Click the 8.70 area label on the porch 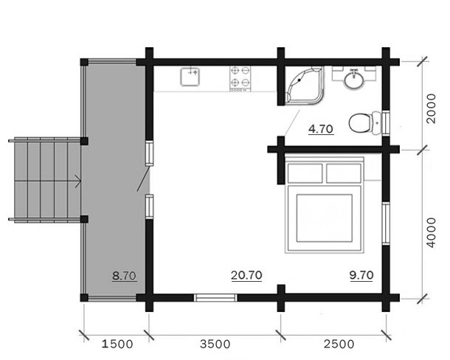pyautogui.click(x=124, y=276)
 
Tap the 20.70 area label pyautogui.click(x=246, y=275)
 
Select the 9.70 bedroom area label pyautogui.click(x=361, y=275)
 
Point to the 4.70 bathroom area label pyautogui.click(x=321, y=129)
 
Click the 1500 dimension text pyautogui.click(x=117, y=344)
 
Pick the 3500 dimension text pyautogui.click(x=215, y=344)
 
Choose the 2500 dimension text pyautogui.click(x=339, y=344)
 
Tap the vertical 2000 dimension pyautogui.click(x=431, y=108)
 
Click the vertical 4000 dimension pyautogui.click(x=431, y=232)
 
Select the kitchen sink pyautogui.click(x=190, y=77)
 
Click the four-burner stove pyautogui.click(x=240, y=79)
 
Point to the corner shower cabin pyautogui.click(x=304, y=86)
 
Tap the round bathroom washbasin pyautogui.click(x=354, y=80)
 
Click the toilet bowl pyautogui.click(x=364, y=123)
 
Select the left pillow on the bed pyautogui.click(x=305, y=173)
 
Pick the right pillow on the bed pyautogui.click(x=344, y=173)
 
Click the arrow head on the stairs pyautogui.click(x=79, y=181)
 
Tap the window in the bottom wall pyautogui.click(x=215, y=298)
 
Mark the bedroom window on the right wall pyautogui.click(x=386, y=224)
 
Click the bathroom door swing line pyautogui.click(x=292, y=123)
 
